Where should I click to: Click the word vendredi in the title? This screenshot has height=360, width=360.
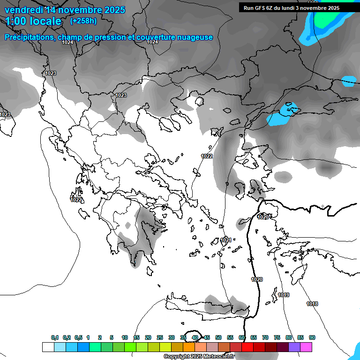click(23, 10)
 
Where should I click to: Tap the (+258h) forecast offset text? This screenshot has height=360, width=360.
click(83, 21)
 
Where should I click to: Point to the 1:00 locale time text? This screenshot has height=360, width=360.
click(33, 22)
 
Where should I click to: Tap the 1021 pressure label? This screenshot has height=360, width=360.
click(226, 240)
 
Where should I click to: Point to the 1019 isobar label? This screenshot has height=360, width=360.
click(284, 295)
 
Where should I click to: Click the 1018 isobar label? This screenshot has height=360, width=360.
click(312, 304)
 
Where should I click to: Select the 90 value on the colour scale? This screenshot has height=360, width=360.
click(312, 337)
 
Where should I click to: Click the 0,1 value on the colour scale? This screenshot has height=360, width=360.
click(55, 337)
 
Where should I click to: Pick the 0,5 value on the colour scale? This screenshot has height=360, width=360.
click(78, 337)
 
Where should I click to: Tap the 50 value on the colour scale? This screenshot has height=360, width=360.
click(218, 337)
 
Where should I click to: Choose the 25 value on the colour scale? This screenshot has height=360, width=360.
click(160, 337)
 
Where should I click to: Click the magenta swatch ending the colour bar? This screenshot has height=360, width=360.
click(306, 347)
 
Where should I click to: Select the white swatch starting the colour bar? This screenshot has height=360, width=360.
click(48, 347)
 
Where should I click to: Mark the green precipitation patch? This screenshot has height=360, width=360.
click(328, 16)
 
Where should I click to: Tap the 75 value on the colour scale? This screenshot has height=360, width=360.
click(277, 337)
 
